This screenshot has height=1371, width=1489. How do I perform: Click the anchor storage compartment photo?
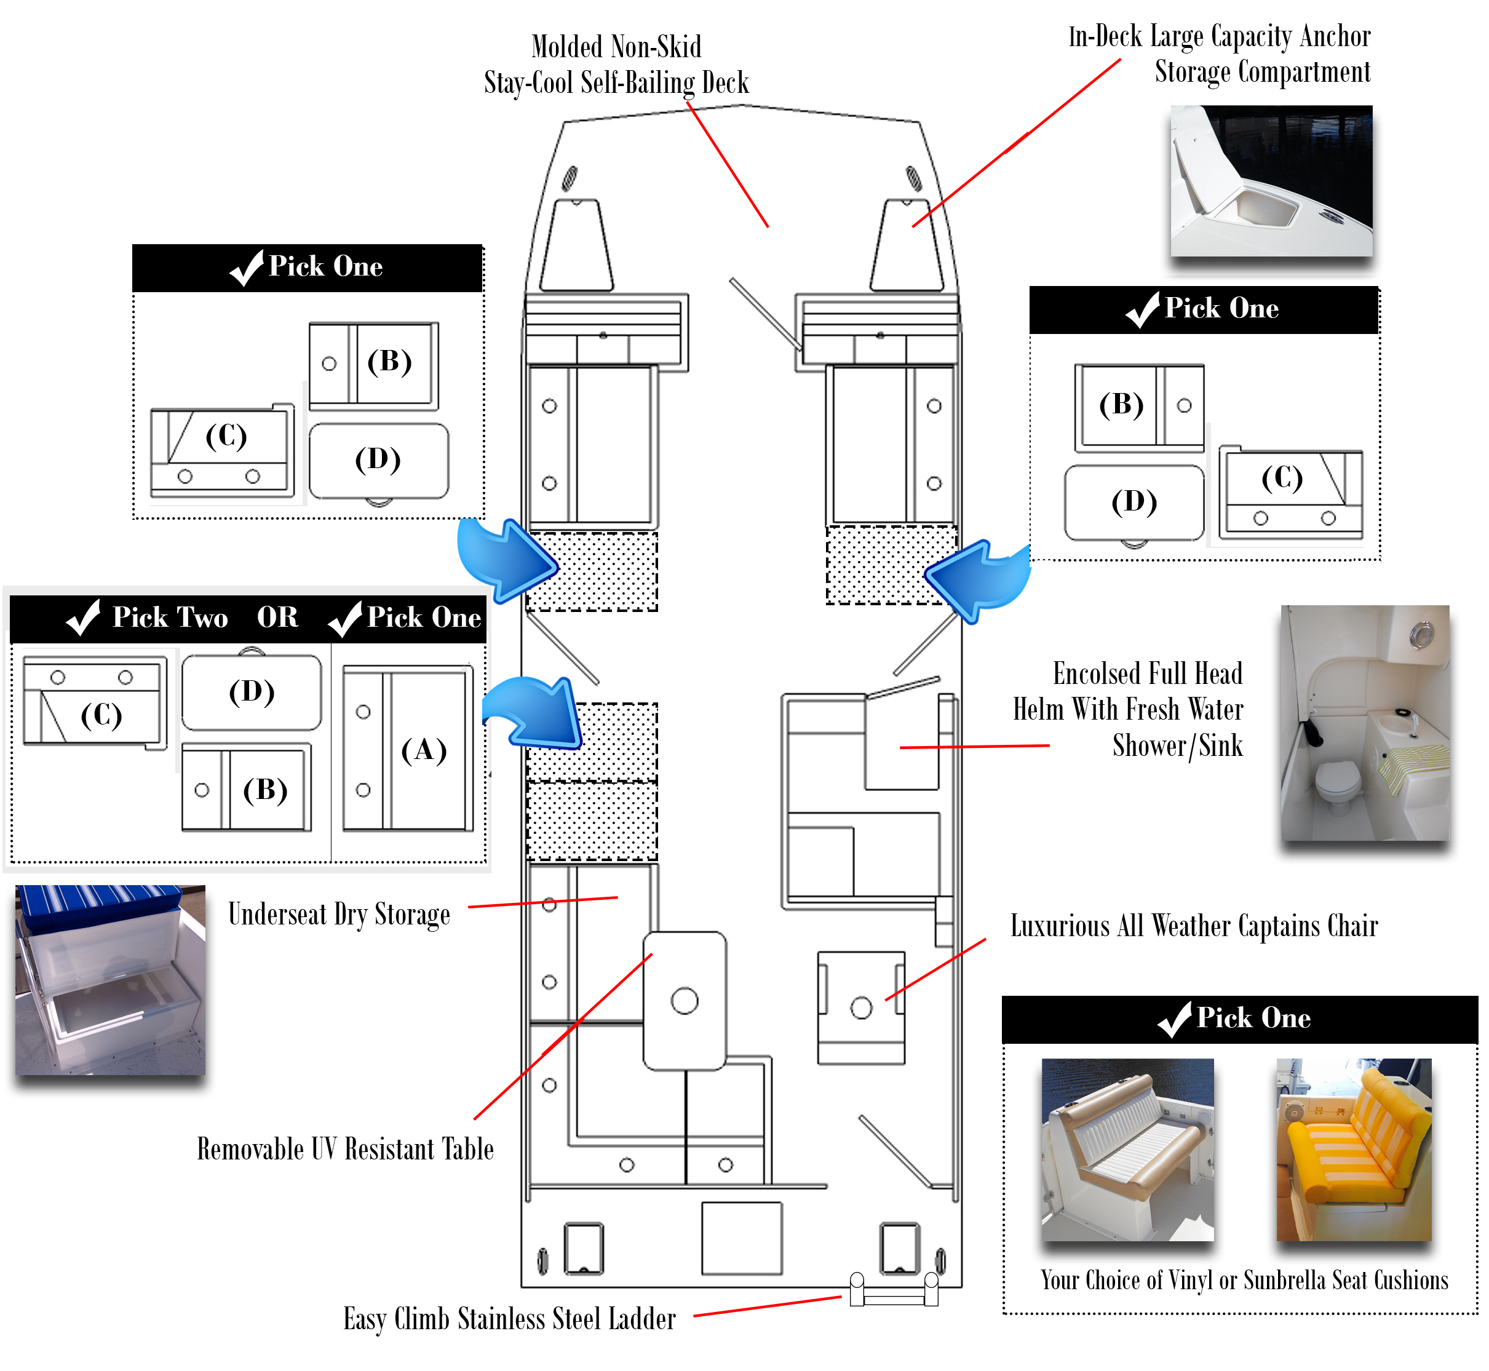pyautogui.click(x=1271, y=181)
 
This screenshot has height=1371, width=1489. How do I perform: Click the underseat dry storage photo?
pyautogui.click(x=111, y=980)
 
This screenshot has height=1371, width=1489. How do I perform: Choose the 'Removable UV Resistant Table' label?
pyautogui.click(x=345, y=1149)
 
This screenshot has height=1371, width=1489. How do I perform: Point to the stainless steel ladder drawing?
pyautogui.click(x=894, y=1290)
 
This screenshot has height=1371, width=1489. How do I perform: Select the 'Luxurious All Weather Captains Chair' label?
pyautogui.click(x=1194, y=926)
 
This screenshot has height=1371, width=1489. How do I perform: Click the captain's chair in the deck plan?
pyautogui.click(x=861, y=1008)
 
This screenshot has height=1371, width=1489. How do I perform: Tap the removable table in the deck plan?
pyautogui.click(x=685, y=1001)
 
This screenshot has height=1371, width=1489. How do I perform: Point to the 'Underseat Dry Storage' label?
pyautogui.click(x=339, y=915)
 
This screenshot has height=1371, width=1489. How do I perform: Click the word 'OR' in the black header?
pyautogui.click(x=277, y=618)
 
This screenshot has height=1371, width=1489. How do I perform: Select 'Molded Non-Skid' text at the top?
pyautogui.click(x=616, y=47)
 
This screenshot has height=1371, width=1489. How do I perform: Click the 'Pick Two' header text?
pyautogui.click(x=170, y=618)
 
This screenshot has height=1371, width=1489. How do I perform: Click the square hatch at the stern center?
pyautogui.click(x=742, y=1238)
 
